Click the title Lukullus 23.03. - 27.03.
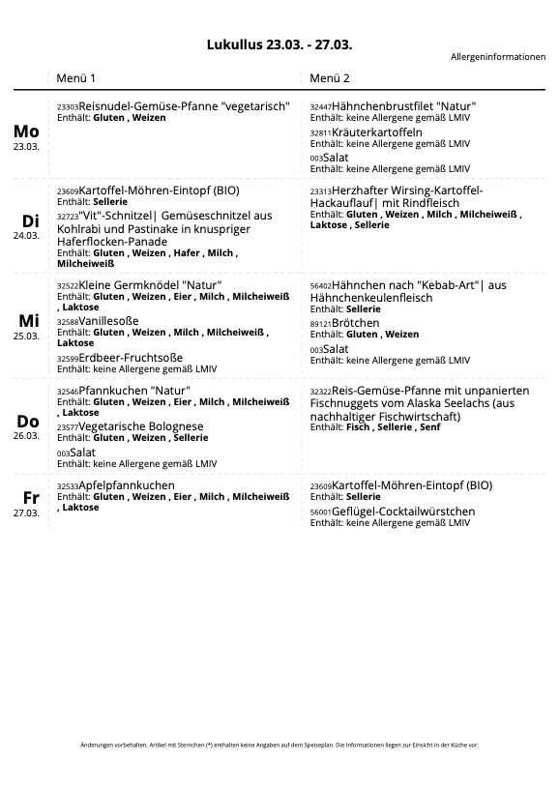(279, 44)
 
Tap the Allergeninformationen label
(497, 57)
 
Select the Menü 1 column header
(75, 77)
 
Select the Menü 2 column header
(330, 77)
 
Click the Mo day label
(26, 132)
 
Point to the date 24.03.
(26, 235)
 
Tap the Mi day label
(28, 321)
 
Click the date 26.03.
(26, 435)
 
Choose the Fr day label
(31, 498)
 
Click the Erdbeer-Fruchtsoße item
(133, 358)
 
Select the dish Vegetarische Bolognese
(140, 426)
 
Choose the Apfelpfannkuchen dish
(127, 485)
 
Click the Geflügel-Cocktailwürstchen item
(403, 512)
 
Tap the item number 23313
(320, 191)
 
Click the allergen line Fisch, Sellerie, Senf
(393, 427)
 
